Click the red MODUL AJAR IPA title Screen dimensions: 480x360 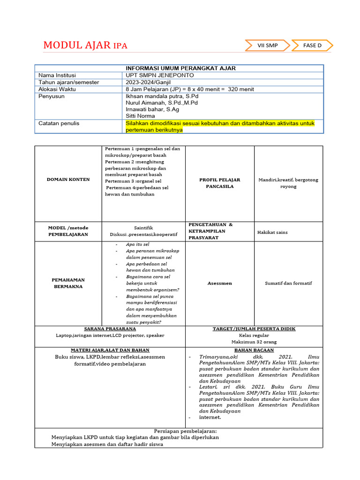point(85,45)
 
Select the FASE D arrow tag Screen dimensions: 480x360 point(312,45)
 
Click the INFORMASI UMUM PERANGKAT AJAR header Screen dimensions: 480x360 point(180,68)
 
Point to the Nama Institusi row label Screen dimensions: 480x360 point(57,75)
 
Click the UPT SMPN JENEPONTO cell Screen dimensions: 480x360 point(160,75)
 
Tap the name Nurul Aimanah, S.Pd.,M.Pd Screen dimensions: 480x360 point(162,103)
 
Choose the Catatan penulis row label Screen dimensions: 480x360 point(59,123)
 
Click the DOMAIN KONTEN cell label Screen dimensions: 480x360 point(68,180)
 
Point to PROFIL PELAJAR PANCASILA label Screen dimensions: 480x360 point(219,183)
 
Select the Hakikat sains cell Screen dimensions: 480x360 point(272,232)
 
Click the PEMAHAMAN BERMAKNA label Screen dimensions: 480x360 point(68,283)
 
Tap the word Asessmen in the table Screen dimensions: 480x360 point(219,283)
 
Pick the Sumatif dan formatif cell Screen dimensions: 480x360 point(288,283)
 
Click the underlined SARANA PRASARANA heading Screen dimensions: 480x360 point(110,329)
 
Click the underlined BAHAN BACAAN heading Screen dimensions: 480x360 point(254,350)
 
